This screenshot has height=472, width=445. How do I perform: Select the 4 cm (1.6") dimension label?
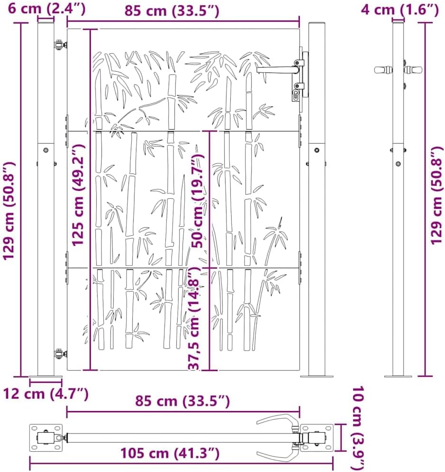point(400,9)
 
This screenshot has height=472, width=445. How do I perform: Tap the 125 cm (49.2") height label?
point(78,195)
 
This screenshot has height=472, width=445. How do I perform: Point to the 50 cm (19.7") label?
point(198,200)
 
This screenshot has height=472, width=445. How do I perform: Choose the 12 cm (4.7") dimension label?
point(45,393)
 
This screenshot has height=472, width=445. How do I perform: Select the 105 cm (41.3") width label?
point(170,453)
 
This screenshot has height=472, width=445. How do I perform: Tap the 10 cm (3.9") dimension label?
point(358,429)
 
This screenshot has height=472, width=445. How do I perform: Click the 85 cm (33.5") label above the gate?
point(172,11)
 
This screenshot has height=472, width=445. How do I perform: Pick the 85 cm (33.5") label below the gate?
point(182,401)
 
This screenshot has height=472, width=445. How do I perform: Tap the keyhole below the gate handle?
point(295,95)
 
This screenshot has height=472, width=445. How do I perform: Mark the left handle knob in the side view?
point(383,70)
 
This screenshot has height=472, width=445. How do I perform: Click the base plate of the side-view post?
point(398,376)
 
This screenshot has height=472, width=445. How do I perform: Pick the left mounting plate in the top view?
point(46,438)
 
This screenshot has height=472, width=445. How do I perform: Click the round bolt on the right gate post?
point(317,150)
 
